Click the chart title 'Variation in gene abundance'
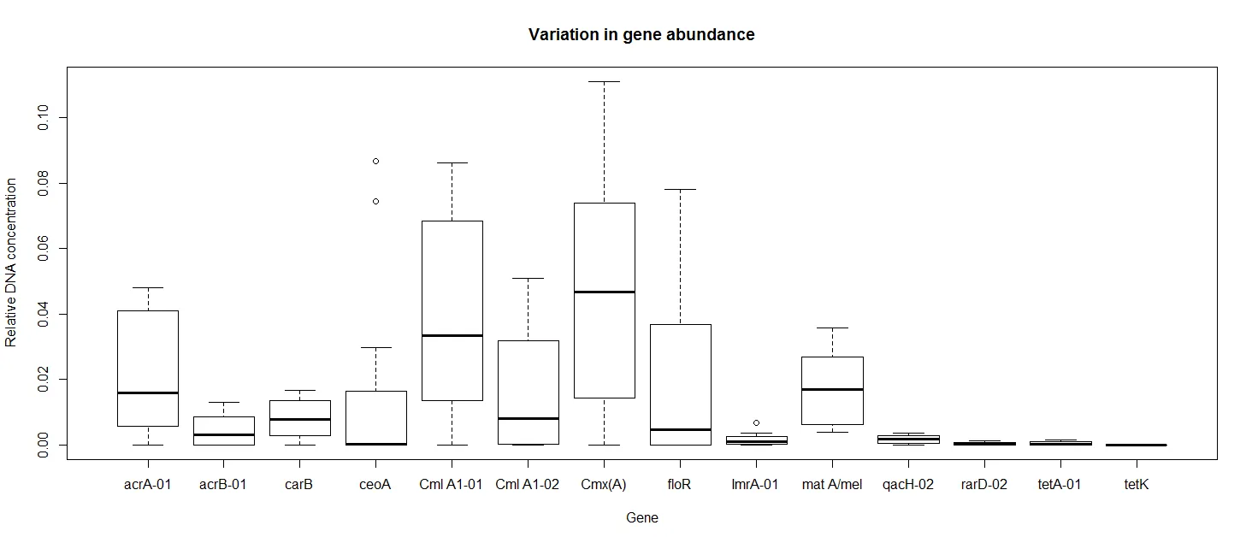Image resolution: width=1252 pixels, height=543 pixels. tap(641, 35)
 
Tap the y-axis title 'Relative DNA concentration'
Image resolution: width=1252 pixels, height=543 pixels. tap(11, 263)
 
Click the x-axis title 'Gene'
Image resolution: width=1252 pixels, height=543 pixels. tap(641, 517)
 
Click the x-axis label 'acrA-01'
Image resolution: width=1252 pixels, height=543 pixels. tap(147, 485)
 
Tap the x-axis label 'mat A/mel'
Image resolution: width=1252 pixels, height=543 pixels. tap(831, 485)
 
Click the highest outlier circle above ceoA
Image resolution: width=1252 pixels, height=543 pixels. tap(375, 161)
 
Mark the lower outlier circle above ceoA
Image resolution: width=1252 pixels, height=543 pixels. tap(375, 201)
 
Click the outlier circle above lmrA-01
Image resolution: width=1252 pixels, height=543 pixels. tap(756, 422)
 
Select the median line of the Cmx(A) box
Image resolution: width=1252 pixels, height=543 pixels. tap(604, 292)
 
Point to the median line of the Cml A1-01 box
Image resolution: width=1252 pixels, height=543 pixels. tap(452, 335)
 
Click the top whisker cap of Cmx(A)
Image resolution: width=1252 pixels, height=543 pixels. tap(604, 82)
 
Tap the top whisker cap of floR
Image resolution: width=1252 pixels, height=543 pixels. tap(680, 189)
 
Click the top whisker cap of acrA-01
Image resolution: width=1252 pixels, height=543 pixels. tap(148, 287)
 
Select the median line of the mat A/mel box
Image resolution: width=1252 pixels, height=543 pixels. tap(832, 389)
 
